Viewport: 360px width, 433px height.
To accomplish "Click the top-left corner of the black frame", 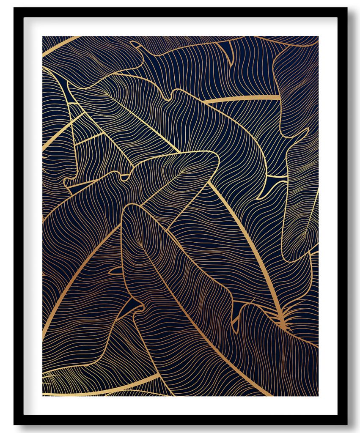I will tap(14, 8).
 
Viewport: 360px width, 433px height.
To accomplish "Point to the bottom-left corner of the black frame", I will tap(14, 424).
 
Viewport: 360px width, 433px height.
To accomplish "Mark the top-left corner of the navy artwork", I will tap(43, 37).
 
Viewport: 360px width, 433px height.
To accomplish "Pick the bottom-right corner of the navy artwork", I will tap(318, 396).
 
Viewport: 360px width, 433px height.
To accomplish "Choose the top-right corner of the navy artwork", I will tap(318, 37).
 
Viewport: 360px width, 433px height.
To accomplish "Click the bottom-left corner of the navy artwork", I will tap(43, 396).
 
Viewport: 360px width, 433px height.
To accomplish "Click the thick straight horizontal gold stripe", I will tap(241, 99).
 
